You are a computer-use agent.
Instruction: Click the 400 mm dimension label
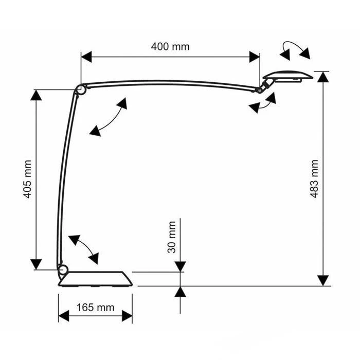click(x=170, y=47)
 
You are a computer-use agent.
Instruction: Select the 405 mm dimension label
click(x=28, y=179)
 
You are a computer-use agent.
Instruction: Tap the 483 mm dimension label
click(x=314, y=179)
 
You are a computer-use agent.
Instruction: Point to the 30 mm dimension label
click(x=172, y=237)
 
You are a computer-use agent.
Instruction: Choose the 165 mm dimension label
click(x=95, y=308)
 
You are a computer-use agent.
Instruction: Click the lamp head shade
click(x=288, y=76)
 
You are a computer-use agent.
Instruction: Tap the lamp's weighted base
click(x=96, y=279)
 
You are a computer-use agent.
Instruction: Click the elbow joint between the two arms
click(x=81, y=89)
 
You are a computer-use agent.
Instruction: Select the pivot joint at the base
click(x=62, y=270)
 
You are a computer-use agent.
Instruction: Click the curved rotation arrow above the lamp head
click(x=295, y=50)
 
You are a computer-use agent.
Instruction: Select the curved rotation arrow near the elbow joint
click(x=108, y=117)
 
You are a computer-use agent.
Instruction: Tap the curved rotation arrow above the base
click(x=83, y=249)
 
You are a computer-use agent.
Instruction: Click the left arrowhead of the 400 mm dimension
click(x=86, y=57)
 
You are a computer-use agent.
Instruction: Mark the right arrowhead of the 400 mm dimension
click(x=255, y=57)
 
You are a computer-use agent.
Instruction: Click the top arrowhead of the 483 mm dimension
click(x=323, y=77)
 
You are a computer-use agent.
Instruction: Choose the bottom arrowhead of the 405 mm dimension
click(x=36, y=264)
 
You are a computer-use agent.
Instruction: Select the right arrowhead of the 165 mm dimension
click(x=127, y=316)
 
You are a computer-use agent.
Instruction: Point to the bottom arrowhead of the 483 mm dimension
click(x=323, y=281)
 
